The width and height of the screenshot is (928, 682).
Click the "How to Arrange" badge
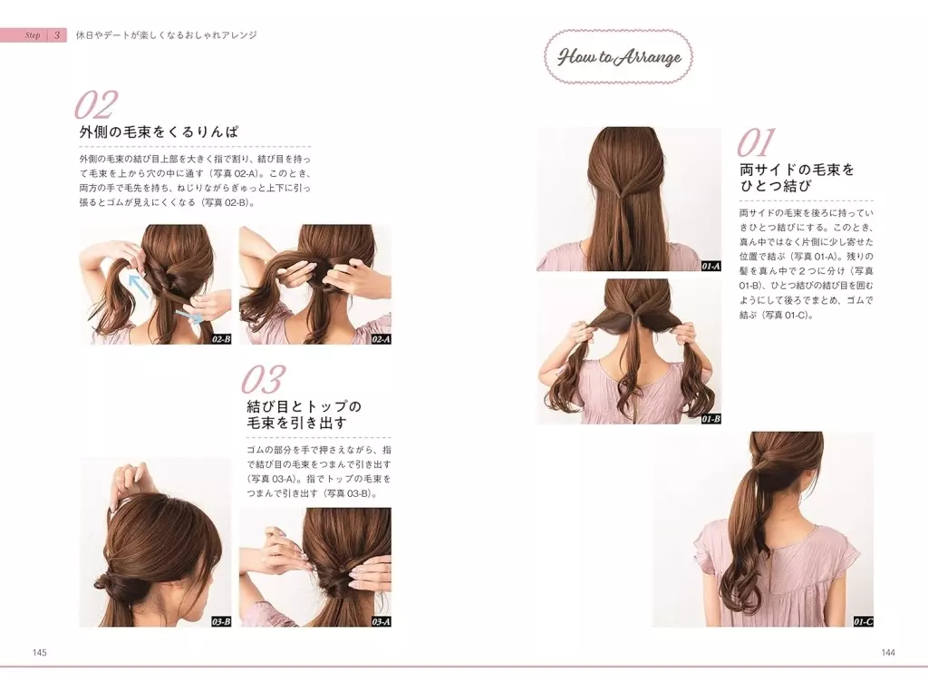618,57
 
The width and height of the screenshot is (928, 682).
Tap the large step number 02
96,105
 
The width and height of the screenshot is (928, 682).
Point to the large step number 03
263,380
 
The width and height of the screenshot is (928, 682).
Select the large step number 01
756,143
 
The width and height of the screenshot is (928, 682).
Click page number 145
40,652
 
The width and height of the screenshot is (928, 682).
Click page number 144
888,652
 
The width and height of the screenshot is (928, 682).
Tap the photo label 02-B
221,339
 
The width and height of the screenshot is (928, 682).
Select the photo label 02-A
382,339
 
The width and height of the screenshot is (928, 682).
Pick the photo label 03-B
221,621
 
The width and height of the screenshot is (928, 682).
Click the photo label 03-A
382,621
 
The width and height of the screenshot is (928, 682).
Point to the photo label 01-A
710,267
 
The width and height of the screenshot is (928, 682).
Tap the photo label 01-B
710,419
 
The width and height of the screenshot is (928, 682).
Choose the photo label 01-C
864,621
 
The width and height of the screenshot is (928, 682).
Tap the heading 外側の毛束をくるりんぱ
159,132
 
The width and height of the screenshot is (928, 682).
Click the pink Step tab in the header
34,35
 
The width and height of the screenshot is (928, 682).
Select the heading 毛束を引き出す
296,424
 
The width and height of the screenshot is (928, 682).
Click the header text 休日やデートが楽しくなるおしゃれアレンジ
167,35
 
